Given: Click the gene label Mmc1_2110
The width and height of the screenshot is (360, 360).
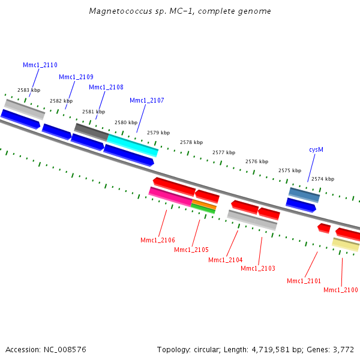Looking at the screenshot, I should (40, 65).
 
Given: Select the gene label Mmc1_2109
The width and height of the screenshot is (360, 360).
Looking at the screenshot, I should (76, 77).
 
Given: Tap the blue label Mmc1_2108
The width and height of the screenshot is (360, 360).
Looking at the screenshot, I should (106, 87).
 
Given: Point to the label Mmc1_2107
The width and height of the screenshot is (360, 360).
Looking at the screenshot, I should (146, 100).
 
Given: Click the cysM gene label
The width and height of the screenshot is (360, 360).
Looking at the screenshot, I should (316, 149).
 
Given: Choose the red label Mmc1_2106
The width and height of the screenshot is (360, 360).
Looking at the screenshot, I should (158, 240).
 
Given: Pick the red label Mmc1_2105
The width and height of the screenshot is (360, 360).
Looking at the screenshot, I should (191, 250).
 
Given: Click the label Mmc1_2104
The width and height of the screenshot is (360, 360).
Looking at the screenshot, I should (225, 260).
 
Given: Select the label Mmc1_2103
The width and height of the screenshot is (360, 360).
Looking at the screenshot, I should (258, 268).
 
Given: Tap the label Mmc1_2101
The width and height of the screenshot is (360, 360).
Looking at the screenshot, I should (304, 281).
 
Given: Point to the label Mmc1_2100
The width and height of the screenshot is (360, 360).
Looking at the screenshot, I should (340, 290).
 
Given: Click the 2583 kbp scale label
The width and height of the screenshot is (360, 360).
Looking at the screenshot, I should (29, 90).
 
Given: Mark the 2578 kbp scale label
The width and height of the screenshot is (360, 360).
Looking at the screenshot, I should (191, 142).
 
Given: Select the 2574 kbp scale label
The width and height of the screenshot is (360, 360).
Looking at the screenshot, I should (323, 179).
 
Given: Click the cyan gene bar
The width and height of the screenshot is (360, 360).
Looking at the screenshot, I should (133, 145).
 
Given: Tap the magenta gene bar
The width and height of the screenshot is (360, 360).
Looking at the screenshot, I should (170, 196).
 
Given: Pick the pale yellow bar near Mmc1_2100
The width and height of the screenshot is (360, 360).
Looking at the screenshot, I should (346, 244).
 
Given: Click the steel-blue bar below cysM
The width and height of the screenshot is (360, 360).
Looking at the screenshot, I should (304, 194).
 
